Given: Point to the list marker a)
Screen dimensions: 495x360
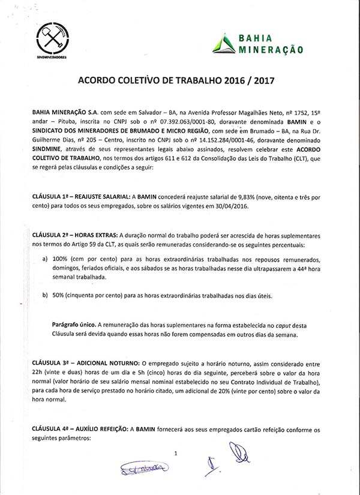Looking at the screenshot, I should (46, 259).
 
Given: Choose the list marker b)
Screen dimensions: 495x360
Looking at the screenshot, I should (46, 295).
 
